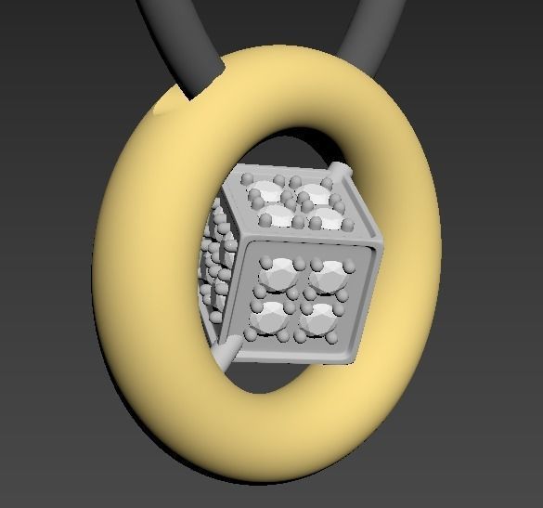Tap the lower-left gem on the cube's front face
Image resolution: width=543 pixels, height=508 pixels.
271,318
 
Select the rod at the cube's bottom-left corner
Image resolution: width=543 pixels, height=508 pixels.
226,354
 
